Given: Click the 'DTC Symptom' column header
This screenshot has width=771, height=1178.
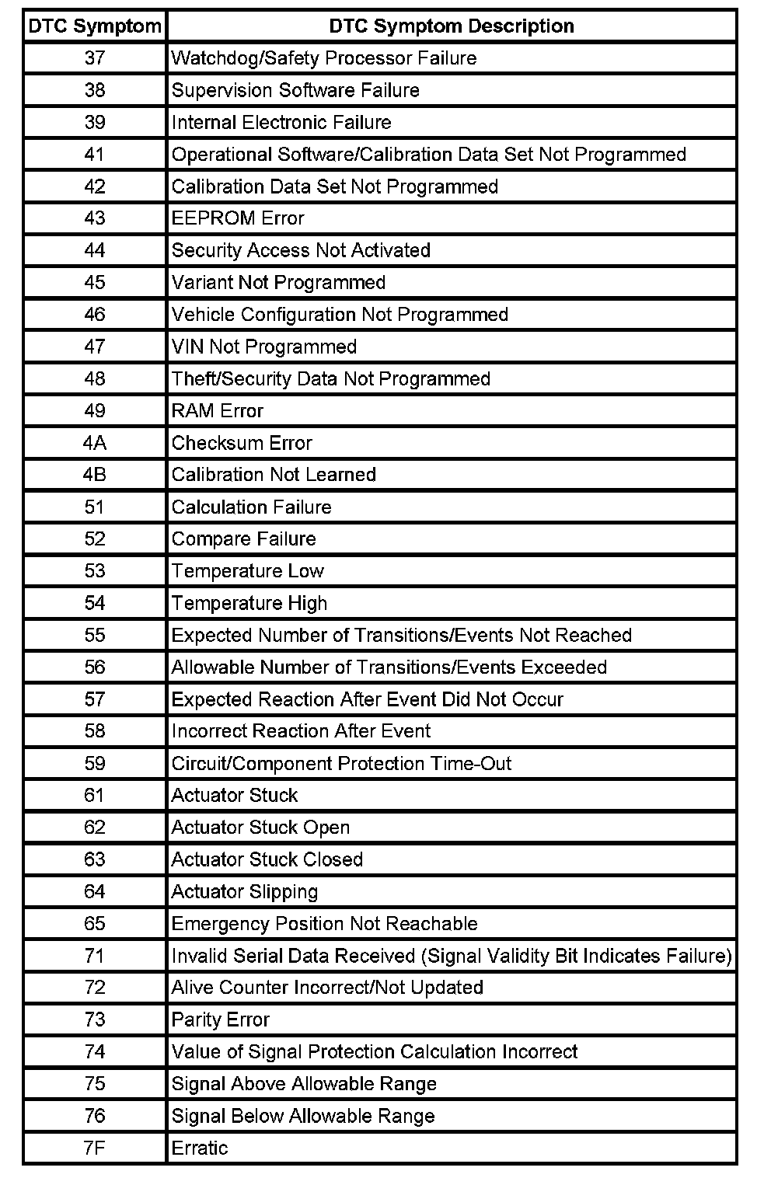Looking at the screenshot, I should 94,26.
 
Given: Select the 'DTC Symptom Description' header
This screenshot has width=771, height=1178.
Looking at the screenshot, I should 452,26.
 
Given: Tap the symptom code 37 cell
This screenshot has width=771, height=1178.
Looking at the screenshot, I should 94,58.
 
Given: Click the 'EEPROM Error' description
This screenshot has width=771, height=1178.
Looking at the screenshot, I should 238,218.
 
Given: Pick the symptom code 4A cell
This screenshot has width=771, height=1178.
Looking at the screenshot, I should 94,443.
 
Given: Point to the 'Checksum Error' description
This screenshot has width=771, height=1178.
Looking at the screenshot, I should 242,443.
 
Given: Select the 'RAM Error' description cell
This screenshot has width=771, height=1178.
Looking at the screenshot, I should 218,411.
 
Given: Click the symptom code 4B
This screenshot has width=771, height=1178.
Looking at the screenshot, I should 94,475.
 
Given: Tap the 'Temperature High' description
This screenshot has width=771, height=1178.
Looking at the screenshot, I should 249,603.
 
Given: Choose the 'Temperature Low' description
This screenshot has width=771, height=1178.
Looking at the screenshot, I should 248,571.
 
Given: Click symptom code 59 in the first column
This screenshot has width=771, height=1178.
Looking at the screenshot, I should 94,763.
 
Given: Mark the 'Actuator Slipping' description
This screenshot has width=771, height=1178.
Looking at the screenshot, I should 245,891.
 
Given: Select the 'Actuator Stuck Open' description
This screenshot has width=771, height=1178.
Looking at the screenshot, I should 260,828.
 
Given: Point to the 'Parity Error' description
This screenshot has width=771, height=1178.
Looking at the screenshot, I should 221,1019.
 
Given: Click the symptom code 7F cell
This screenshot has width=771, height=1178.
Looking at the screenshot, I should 94,1148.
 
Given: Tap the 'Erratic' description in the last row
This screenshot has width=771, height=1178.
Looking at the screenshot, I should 200,1148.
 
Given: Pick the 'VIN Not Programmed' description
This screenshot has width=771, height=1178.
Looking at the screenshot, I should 264,347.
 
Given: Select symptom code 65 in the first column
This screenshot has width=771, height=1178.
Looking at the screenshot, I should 94,923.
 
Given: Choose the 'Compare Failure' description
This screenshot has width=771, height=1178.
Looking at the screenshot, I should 244,539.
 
